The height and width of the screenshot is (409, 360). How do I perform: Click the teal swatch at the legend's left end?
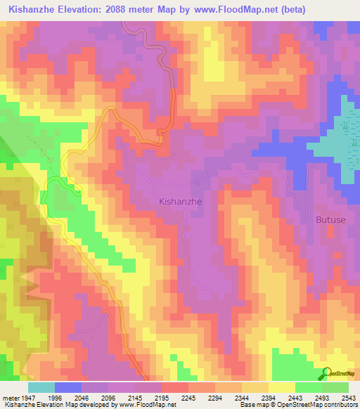[41, 387]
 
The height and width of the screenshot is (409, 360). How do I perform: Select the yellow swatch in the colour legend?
[281, 387]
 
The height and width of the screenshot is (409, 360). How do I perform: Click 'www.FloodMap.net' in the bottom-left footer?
[141, 405]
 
